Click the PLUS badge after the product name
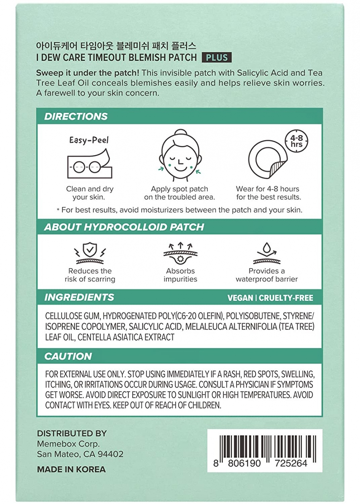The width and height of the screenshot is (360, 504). click(x=217, y=58)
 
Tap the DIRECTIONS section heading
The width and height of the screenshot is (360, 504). click(x=76, y=117)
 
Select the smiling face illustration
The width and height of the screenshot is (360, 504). click(x=179, y=156)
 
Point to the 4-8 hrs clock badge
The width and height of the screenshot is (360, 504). click(x=297, y=141)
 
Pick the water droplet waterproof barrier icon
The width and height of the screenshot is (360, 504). click(x=267, y=253)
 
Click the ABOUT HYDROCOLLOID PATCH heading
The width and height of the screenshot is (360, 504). click(x=124, y=227)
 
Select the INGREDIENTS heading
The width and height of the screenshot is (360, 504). click(x=79, y=297)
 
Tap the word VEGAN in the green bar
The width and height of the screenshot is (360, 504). click(x=240, y=298)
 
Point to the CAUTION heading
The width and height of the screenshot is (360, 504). click(x=68, y=356)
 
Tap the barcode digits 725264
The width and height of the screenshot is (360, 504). click(x=291, y=463)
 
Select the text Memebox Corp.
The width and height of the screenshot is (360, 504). click(x=68, y=444)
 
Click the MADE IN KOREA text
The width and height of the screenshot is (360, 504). click(x=71, y=470)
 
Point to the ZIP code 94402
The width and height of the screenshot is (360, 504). click(x=110, y=454)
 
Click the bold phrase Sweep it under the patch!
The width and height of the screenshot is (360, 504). click(x=88, y=73)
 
